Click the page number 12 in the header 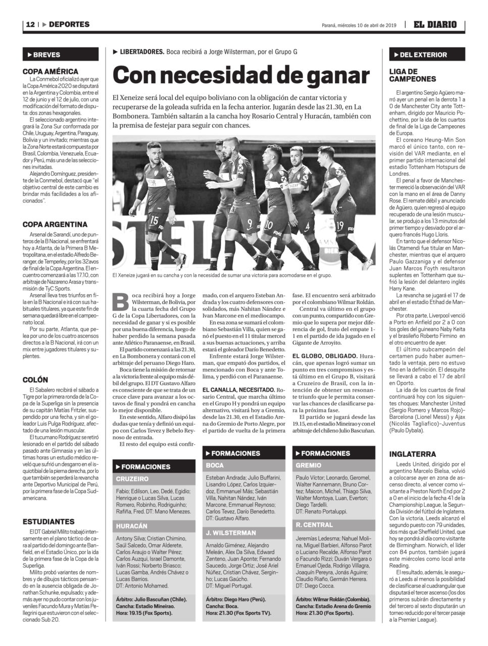[x=30, y=24]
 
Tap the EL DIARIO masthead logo [x=435, y=24]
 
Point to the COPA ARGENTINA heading [x=55, y=224]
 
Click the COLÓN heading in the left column [x=36, y=379]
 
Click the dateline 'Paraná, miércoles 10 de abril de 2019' [x=360, y=25]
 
